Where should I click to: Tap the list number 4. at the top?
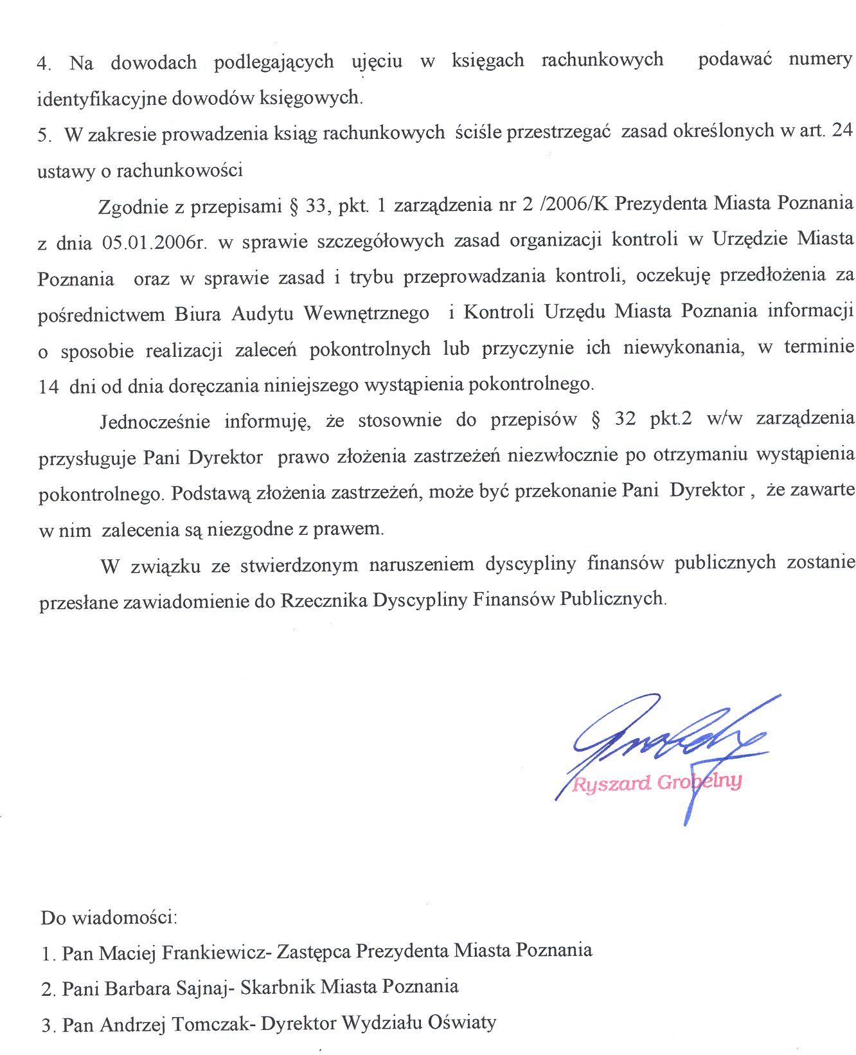pos(44,64)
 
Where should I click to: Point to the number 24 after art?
pos(841,130)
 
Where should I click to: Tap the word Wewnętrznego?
pos(366,314)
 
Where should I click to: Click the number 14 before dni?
pos(49,386)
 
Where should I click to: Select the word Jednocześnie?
pos(155,422)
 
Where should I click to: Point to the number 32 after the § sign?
pos(625,419)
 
